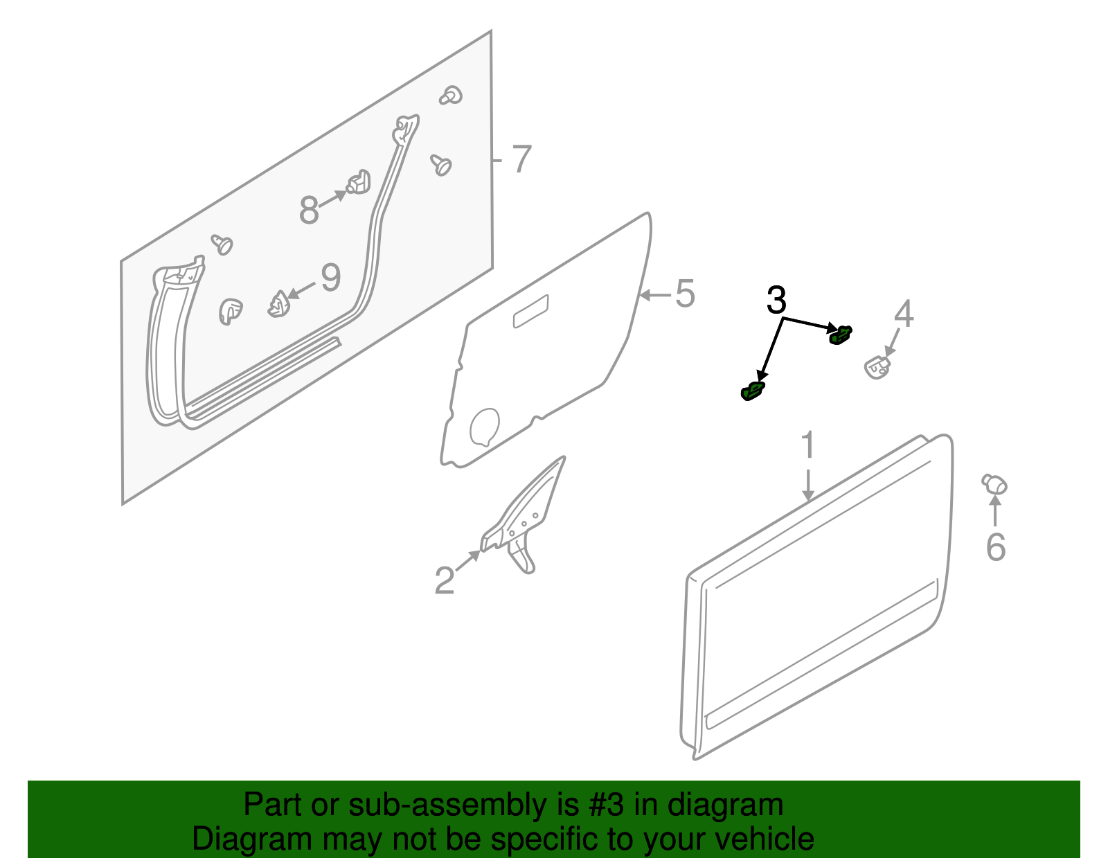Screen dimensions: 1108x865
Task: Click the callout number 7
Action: pos(521,159)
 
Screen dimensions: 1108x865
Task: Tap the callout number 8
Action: pos(309,210)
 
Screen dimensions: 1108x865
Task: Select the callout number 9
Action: pos(331,278)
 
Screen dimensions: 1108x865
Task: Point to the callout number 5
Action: pos(685,294)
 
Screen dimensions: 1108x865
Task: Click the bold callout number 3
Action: pos(776,300)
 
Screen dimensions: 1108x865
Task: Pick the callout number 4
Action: pos(904,314)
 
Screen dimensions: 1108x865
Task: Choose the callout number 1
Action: pos(808,445)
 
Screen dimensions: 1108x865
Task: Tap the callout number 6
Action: pos(996,547)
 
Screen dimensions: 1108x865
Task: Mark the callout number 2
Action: pos(444,580)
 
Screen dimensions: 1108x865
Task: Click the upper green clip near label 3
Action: pos(841,335)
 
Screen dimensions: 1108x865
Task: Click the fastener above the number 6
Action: pos(994,483)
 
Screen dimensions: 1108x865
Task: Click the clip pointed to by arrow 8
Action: pos(359,182)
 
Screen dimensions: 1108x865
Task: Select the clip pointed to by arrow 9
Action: pos(278,304)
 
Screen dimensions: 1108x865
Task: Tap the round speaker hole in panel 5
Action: pos(484,427)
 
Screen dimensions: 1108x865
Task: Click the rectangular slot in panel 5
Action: pos(530,312)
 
